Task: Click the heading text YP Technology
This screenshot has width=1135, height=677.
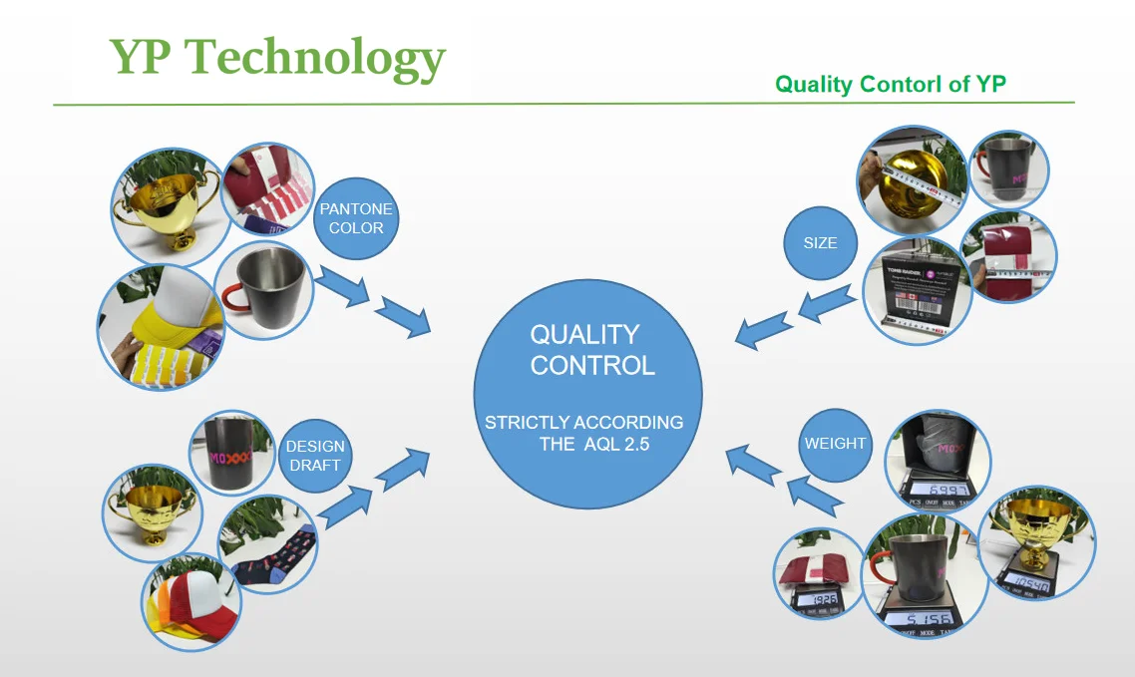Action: click(277, 59)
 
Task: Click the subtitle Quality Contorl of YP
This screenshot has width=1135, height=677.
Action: click(890, 84)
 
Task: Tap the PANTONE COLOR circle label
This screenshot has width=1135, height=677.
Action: click(356, 219)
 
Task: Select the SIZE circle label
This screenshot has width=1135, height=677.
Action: click(820, 242)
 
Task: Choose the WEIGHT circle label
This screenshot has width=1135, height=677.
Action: click(835, 444)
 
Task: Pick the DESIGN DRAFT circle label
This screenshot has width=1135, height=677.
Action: click(315, 456)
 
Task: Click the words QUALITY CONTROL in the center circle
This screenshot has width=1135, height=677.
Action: click(591, 349)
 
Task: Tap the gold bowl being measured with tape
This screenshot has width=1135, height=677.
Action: click(911, 179)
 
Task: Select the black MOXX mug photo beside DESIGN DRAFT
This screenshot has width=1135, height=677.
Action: click(232, 454)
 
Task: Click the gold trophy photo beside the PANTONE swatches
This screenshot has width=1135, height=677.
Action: click(165, 207)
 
